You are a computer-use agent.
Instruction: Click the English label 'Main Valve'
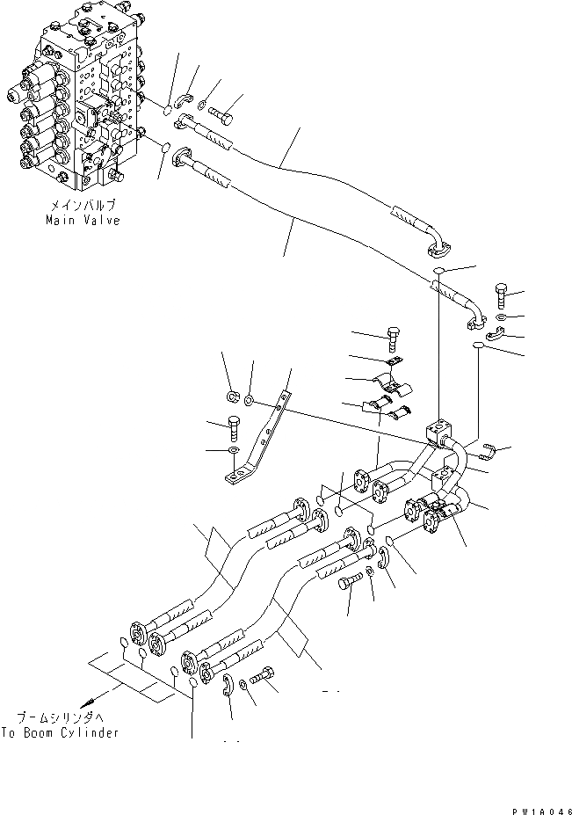click(x=83, y=221)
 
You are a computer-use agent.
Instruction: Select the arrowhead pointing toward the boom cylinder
click(x=91, y=702)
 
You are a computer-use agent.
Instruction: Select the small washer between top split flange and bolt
click(x=203, y=106)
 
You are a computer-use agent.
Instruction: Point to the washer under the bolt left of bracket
click(x=232, y=451)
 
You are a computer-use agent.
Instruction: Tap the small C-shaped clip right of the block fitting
click(x=492, y=452)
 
